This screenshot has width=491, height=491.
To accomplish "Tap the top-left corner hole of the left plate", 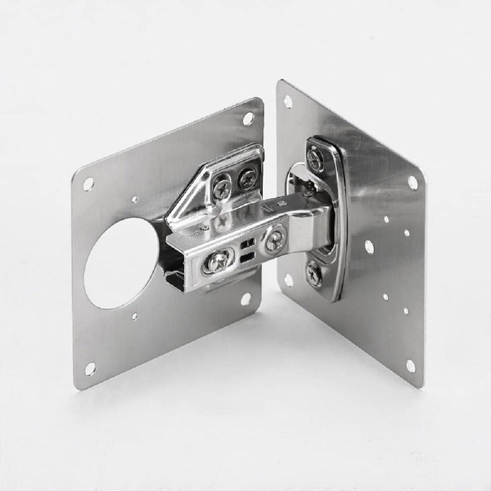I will [88, 184].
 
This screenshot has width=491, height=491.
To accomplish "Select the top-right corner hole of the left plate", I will [248, 118].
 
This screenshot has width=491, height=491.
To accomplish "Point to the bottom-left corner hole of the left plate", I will [90, 368].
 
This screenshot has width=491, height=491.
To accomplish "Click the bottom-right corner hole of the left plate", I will [245, 300].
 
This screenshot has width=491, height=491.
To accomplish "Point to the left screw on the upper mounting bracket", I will [222, 185].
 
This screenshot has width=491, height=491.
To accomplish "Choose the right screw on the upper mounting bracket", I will [246, 178].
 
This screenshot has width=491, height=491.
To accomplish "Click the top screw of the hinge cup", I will [315, 160].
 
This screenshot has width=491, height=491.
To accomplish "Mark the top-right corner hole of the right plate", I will [412, 182].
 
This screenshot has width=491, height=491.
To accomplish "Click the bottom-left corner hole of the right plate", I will [288, 279].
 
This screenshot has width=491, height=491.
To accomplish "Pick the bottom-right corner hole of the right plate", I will [410, 366].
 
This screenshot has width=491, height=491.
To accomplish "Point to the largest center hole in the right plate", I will [369, 247].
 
